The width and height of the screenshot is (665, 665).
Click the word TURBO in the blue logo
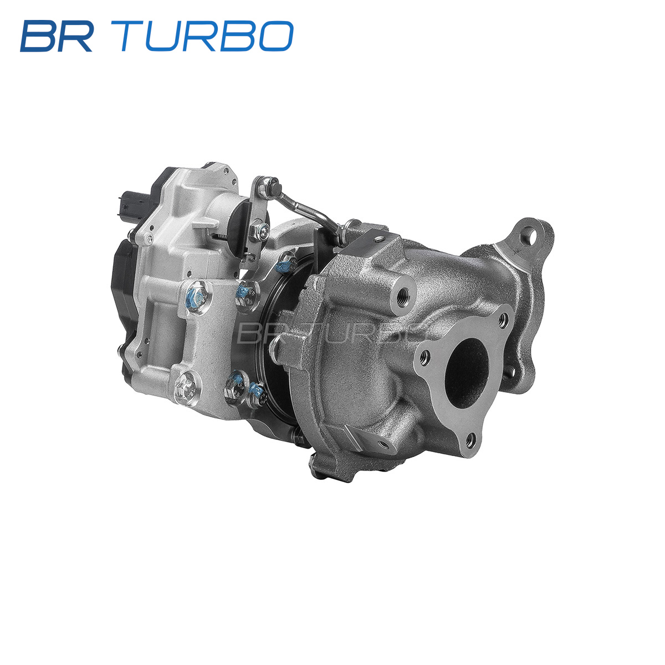207,36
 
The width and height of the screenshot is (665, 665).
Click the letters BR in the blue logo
57,36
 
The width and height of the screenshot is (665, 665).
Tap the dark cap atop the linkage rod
275,189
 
